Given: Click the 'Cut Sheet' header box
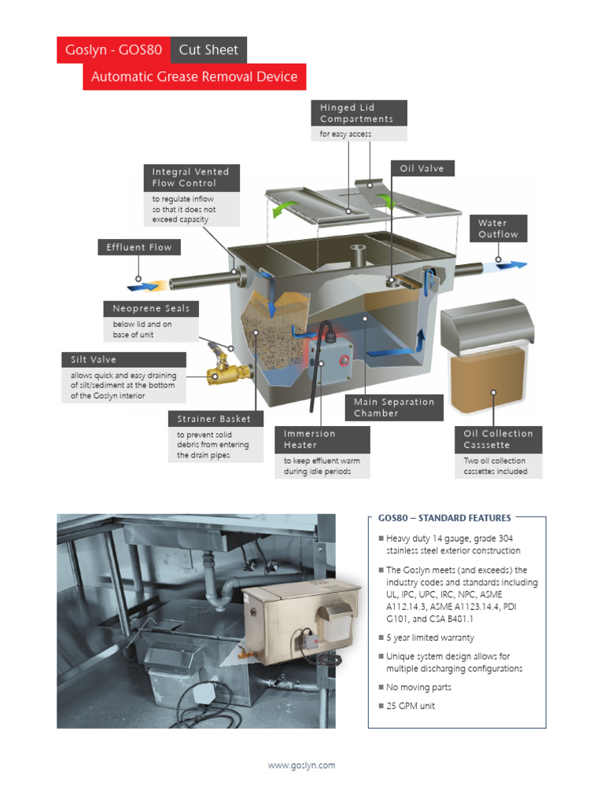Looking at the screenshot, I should [x=208, y=50].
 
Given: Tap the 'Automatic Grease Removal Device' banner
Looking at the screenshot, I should [x=194, y=77].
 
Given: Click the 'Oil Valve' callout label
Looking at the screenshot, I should [x=422, y=169].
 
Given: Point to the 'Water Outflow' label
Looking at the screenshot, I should [x=499, y=229].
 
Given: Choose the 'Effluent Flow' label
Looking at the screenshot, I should [x=139, y=248].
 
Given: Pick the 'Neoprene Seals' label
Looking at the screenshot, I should [x=151, y=309].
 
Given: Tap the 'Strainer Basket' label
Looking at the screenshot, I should [x=214, y=419].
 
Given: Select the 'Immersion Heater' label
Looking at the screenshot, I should [x=310, y=439].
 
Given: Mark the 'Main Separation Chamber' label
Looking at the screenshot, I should [x=393, y=407].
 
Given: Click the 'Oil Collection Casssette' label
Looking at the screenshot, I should [x=498, y=439].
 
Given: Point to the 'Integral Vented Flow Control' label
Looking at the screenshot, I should [x=191, y=178].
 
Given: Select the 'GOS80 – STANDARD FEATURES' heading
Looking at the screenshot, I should [x=444, y=518].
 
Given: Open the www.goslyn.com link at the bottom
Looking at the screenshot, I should [x=301, y=765].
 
